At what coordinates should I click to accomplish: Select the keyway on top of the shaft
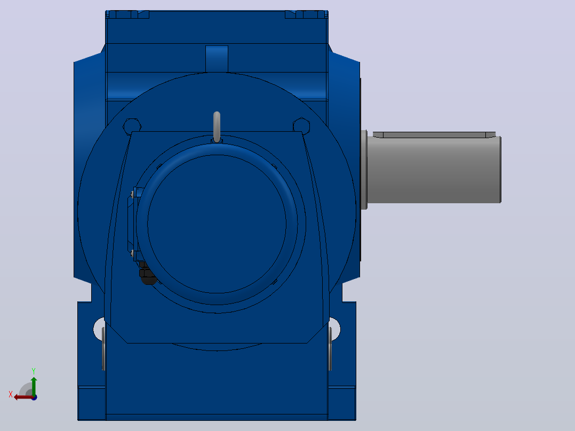tap(434, 134)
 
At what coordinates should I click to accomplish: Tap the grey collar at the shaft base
tap(364, 170)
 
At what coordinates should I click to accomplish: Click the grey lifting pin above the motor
tap(217, 126)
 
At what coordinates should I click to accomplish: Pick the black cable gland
tap(147, 274)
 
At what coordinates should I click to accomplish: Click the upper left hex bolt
tap(132, 126)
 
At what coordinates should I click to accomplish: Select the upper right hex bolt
tap(301, 125)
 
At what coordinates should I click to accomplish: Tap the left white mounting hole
tap(99, 329)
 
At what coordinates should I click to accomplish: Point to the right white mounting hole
tap(335, 329)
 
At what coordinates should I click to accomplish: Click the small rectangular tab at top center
tap(217, 59)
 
